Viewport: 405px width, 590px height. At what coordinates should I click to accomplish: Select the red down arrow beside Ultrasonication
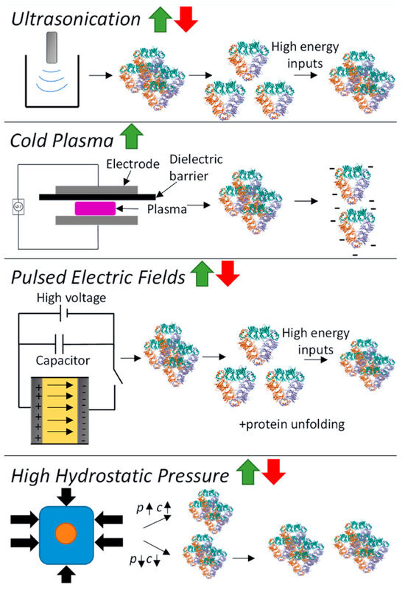[x=188, y=18]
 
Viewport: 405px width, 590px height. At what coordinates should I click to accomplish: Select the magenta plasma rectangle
[x=94, y=208]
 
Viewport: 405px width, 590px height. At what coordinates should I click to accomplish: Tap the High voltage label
[x=65, y=300]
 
